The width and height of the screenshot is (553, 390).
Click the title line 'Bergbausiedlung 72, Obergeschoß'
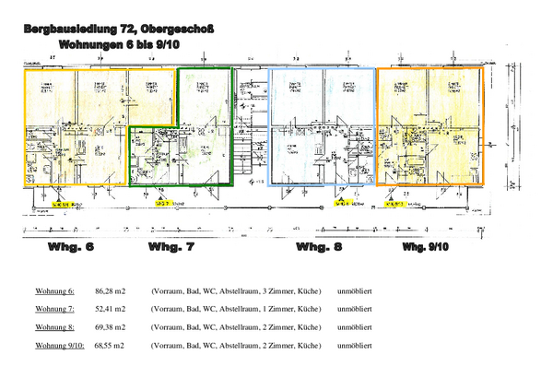tap(119, 30)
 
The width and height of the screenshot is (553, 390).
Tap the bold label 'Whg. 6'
tap(71, 248)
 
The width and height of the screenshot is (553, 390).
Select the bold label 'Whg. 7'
tap(171, 248)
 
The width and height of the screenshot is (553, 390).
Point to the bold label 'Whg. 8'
tap(319, 248)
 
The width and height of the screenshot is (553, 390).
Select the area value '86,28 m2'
tap(110, 290)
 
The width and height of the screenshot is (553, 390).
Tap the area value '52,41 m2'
tap(110, 309)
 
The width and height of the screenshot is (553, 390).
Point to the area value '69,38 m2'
tap(110, 326)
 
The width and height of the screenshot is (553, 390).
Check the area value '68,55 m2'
tap(110, 345)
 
